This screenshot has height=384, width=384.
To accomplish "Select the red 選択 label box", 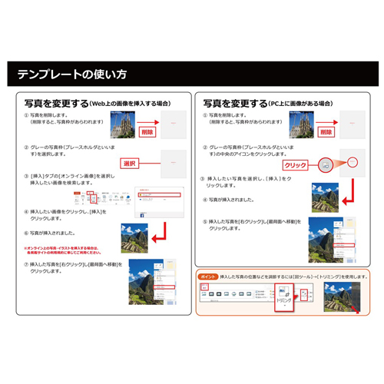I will click(130, 164).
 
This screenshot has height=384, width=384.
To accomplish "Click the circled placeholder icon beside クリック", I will click(327, 164).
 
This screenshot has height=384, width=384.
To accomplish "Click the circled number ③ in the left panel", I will click(26, 176).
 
